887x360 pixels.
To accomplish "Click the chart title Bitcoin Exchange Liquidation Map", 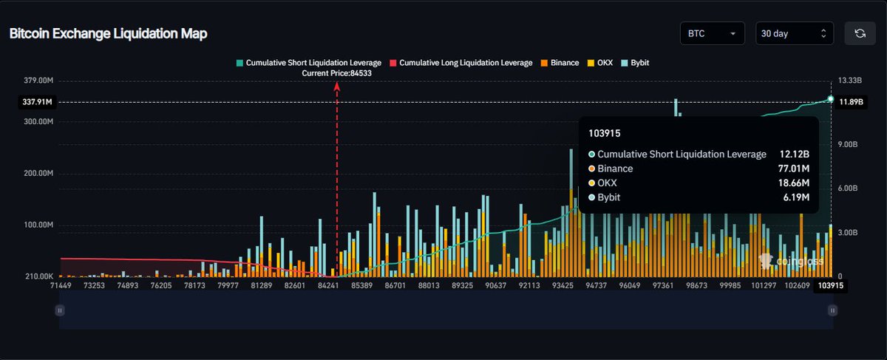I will click(108, 34).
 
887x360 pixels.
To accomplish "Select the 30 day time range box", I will click(794, 33).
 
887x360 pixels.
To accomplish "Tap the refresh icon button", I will click(860, 33).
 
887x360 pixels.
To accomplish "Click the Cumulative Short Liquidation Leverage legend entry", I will click(308, 63).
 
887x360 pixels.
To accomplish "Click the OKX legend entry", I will click(600, 63).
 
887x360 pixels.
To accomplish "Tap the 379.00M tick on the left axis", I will click(38, 81).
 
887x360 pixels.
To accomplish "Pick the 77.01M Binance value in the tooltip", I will click(795, 169).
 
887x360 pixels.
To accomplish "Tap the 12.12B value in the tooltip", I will click(795, 154).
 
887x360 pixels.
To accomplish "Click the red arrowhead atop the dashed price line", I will click(337, 86).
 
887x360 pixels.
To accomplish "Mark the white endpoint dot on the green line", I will click(831, 99).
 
